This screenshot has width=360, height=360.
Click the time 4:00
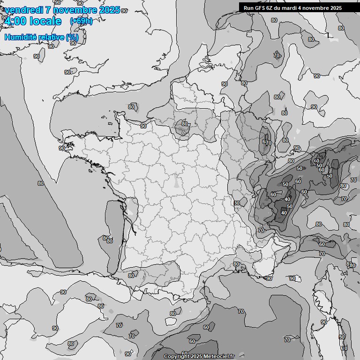(x=15, y=21)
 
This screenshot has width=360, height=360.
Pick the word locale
(x=45, y=21)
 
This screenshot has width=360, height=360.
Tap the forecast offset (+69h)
(x=81, y=21)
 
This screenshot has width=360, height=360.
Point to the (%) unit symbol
(x=72, y=37)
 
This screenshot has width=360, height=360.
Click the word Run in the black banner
(x=248, y=8)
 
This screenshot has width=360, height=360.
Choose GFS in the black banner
(x=260, y=8)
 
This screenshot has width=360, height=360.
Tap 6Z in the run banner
(x=271, y=8)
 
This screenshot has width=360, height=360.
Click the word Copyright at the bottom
(x=177, y=356)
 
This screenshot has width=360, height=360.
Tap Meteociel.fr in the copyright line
(x=219, y=356)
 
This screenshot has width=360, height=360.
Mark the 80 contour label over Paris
(x=185, y=124)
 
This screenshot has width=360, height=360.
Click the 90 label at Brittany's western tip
(x=62, y=148)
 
